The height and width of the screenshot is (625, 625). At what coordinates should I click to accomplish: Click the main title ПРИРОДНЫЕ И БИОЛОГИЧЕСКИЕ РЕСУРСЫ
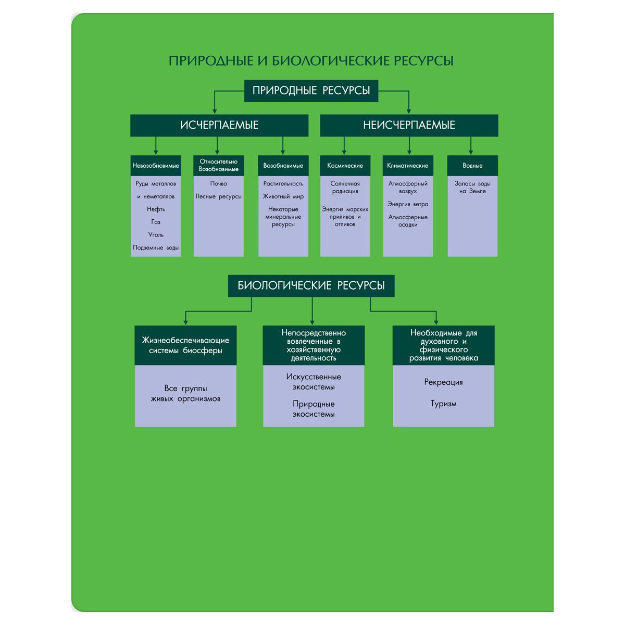311,61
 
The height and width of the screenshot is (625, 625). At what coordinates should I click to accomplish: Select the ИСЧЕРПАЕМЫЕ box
219,126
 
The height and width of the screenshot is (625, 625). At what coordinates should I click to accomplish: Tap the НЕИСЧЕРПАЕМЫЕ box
409,126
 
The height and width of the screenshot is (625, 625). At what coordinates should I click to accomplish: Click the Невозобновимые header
156,166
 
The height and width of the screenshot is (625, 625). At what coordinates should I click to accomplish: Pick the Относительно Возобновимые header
219,165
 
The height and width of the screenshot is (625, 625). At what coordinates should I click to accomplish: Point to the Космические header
345,166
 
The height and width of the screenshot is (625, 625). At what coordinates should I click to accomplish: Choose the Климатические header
408,166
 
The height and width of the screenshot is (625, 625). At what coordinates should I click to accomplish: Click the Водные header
472,166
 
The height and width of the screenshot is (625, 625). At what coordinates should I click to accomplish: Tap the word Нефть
156,209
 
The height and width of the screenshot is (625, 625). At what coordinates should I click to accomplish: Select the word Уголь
156,235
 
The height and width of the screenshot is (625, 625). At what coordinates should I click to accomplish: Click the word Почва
219,184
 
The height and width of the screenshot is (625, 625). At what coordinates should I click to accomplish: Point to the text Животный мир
283,196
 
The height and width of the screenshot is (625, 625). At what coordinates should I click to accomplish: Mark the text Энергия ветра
408,204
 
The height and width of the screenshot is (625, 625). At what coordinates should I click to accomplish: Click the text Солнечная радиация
345,187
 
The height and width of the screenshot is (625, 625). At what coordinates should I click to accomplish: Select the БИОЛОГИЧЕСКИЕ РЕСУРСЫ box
311,286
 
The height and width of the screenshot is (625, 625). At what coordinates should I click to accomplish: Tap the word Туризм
443,404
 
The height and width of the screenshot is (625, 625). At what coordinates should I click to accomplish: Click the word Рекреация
443,382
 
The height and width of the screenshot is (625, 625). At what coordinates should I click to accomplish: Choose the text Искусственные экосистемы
314,382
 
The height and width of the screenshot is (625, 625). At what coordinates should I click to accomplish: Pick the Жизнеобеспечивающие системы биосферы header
185,345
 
